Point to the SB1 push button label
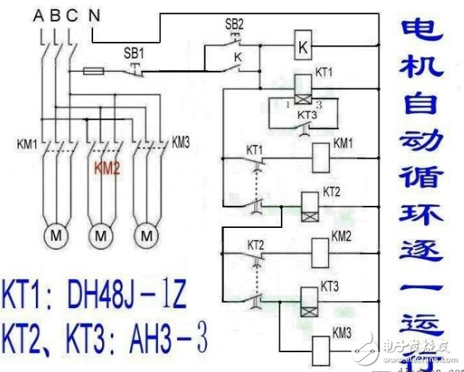point(133,56)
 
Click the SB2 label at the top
point(234,24)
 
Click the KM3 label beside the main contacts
point(181,142)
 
